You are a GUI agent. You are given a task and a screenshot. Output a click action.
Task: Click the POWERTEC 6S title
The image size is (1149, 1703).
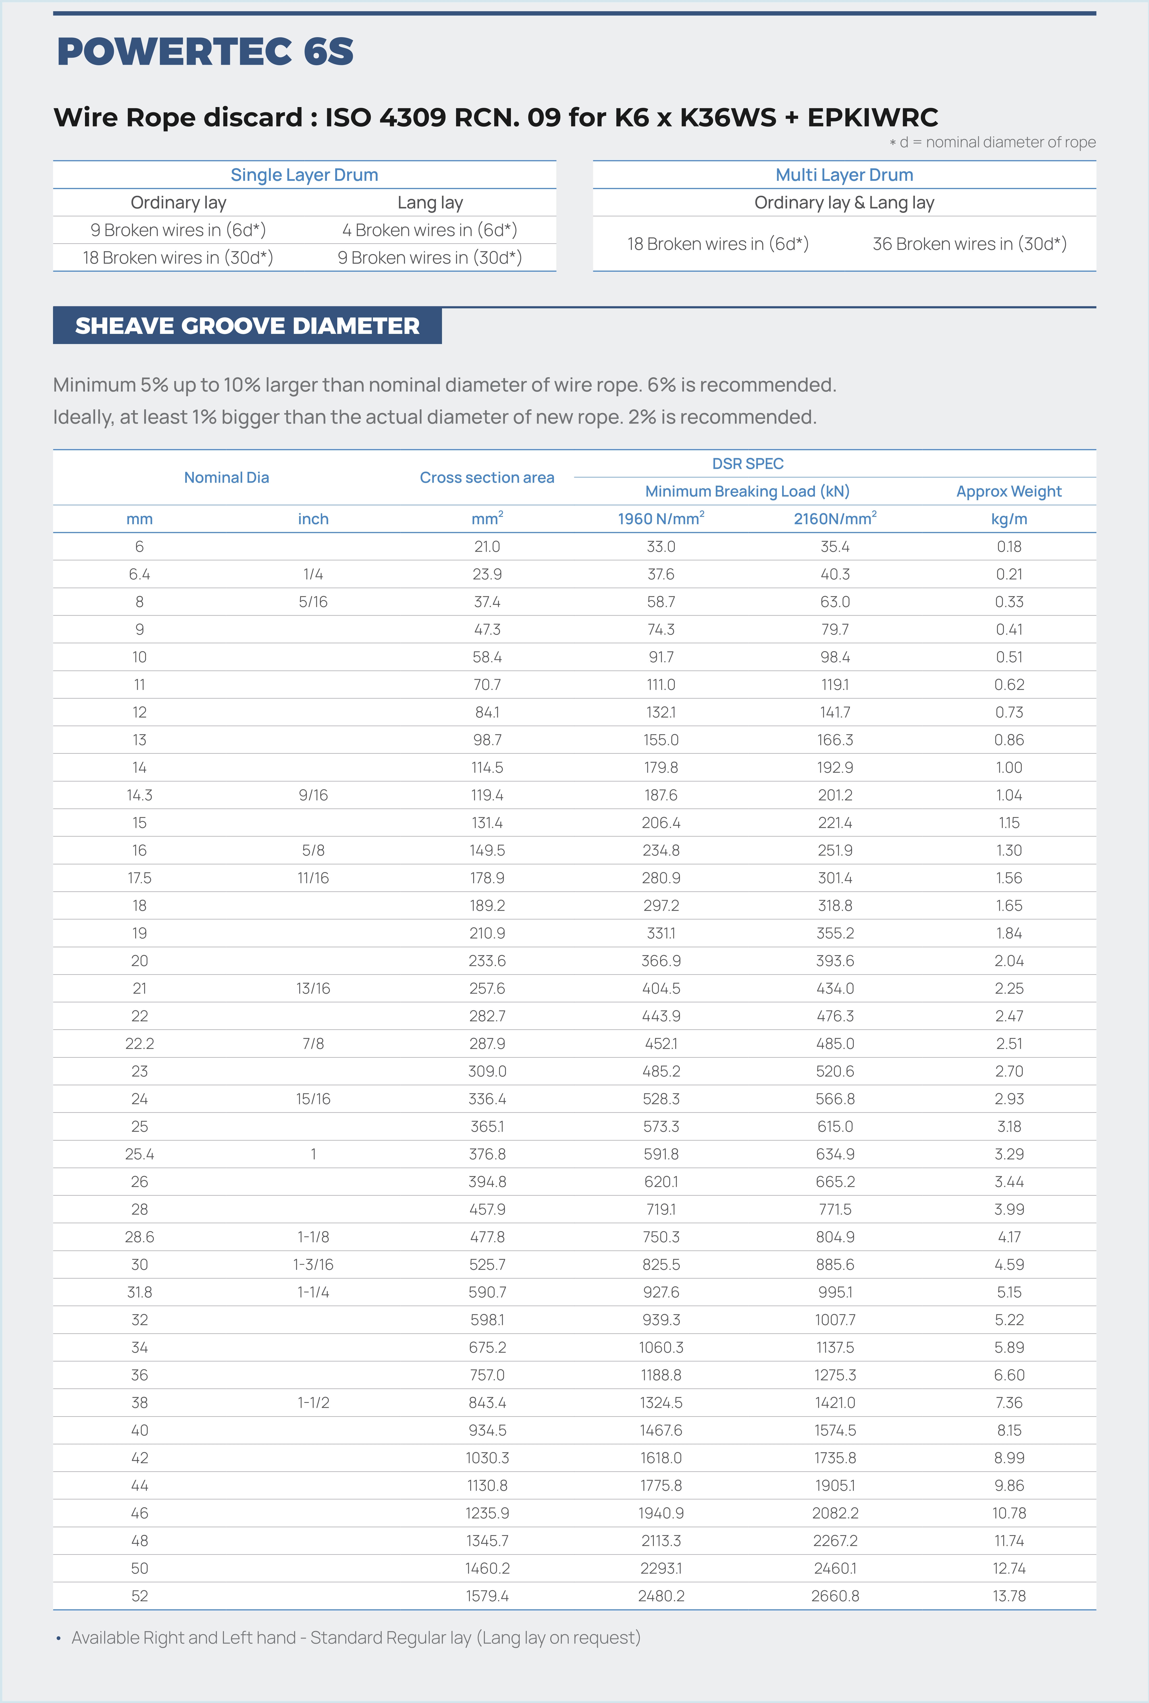pyautogui.click(x=205, y=51)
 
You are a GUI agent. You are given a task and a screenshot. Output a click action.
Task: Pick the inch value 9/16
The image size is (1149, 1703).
pyautogui.click(x=313, y=795)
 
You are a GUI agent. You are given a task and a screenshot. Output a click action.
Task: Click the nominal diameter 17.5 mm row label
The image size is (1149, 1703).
pyautogui.click(x=139, y=878)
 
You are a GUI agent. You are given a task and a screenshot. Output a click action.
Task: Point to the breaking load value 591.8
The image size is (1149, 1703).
pyautogui.click(x=661, y=1154)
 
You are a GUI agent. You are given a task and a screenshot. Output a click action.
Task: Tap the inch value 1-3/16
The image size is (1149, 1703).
pyautogui.click(x=313, y=1265)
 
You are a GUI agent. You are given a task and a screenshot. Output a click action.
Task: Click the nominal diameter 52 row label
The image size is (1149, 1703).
pyautogui.click(x=139, y=1596)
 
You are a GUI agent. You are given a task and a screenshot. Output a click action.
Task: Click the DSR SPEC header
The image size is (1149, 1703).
pyautogui.click(x=748, y=464)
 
